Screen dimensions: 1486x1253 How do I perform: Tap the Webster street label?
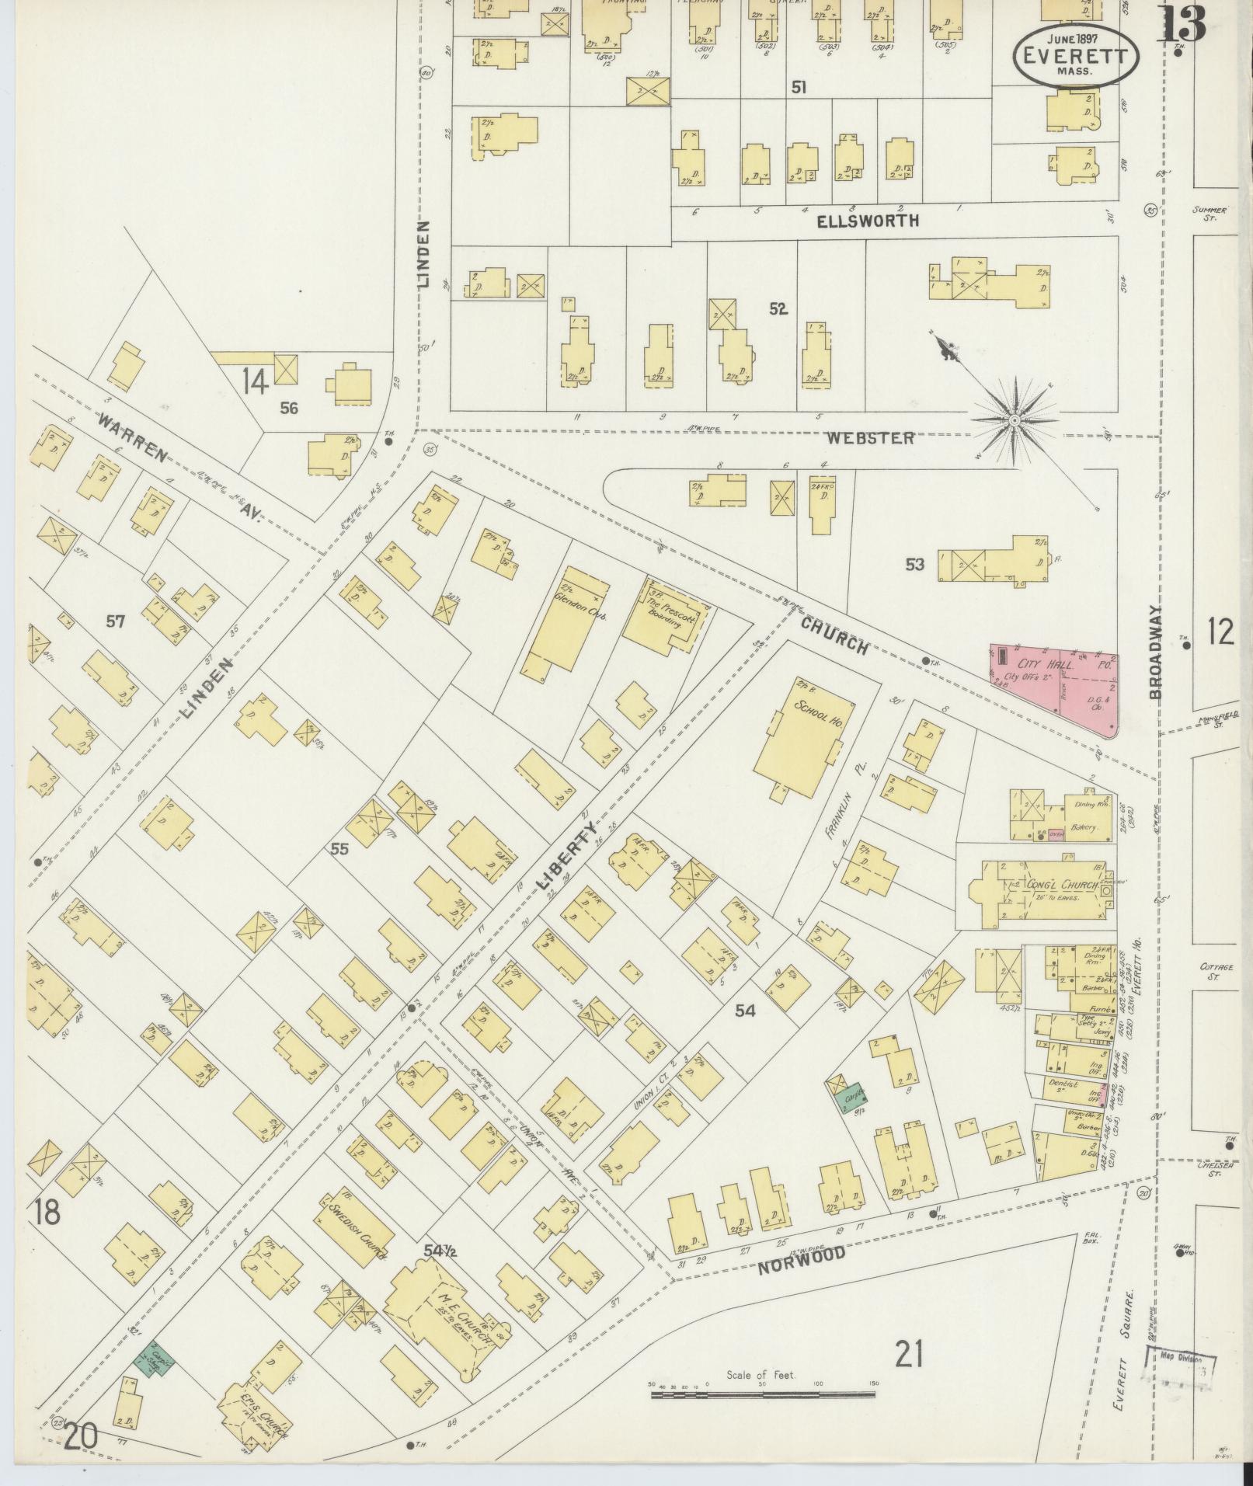tap(869, 438)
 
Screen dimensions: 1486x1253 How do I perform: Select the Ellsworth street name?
tap(868, 221)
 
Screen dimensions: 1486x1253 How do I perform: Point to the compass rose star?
tap(1013, 420)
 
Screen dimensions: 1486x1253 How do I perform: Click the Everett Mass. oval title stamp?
tap(1075, 55)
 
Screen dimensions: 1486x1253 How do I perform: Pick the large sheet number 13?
tap(1182, 25)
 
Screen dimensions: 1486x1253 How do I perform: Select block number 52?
tap(778, 309)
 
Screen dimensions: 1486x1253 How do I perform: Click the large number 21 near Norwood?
tap(908, 1355)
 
